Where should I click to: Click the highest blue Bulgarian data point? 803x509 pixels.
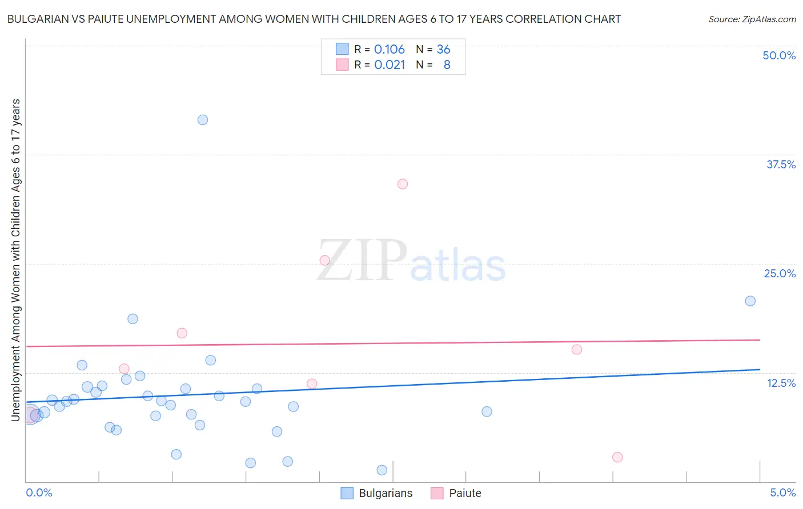tap(203, 120)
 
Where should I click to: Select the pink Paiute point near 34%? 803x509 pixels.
tap(403, 184)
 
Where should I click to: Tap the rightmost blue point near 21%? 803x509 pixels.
tap(750, 301)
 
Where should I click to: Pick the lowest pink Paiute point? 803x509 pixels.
tap(617, 457)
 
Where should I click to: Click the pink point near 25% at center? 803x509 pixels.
tap(325, 260)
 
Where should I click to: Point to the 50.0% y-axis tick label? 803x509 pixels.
tap(779, 55)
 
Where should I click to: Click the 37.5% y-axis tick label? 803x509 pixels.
tap(781, 164)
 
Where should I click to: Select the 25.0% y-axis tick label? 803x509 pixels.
tap(780, 273)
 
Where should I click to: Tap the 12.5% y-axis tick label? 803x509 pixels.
tap(781, 383)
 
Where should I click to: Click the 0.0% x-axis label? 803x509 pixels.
tap(39, 492)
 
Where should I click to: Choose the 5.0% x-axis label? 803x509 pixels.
tap(782, 492)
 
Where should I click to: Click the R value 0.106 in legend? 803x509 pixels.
tap(389, 49)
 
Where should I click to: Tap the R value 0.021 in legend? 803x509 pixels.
tap(390, 65)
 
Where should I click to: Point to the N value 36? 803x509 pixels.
tap(444, 49)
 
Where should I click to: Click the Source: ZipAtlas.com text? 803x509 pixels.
tap(752, 19)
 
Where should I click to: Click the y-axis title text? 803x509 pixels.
tap(15, 260)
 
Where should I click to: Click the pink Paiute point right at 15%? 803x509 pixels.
tap(577, 349)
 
